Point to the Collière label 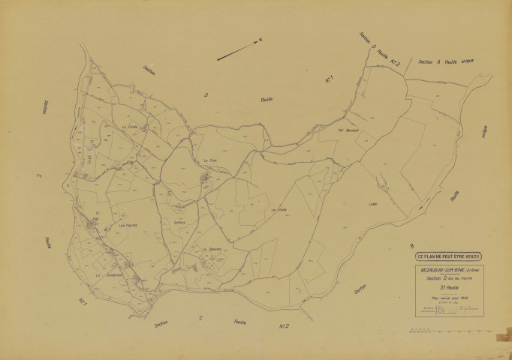click(x=179, y=221)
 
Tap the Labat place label click(x=373, y=203)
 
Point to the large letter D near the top click(x=205, y=94)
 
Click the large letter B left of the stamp click(x=411, y=245)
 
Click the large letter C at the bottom click(x=200, y=318)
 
